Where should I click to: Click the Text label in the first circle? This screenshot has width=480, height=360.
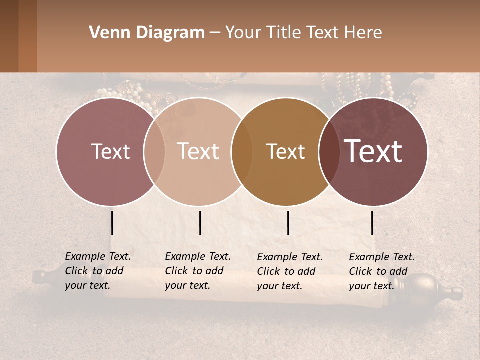point(110,151)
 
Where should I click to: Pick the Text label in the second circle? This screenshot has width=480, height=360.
point(198,151)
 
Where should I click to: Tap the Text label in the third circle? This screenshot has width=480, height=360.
point(285,151)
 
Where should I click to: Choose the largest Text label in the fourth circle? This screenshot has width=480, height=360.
point(373,151)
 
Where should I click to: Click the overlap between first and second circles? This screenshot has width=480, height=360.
point(154,151)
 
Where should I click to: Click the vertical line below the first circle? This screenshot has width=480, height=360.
point(112,223)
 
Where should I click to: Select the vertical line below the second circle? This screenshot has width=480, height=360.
point(200,223)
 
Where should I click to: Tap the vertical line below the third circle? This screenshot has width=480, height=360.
point(288,223)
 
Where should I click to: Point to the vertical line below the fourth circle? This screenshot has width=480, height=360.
point(372,223)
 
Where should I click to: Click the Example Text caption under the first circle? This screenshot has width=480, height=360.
point(97,271)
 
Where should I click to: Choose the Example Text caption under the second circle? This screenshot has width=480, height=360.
point(197,271)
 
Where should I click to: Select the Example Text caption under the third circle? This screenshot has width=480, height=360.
point(289,271)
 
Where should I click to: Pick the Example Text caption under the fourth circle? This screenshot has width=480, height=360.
point(381,271)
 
